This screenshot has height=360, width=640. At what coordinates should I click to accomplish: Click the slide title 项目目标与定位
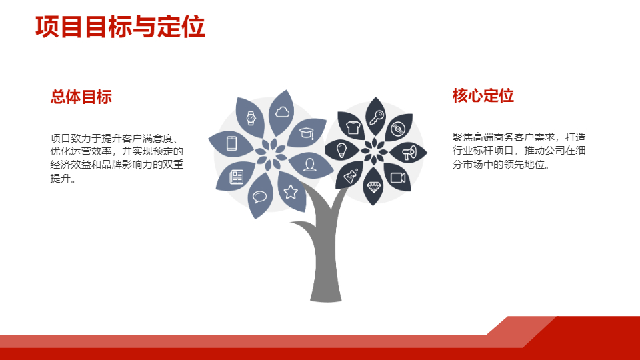(120, 27)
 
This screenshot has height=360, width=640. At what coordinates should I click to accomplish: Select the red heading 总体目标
(81, 97)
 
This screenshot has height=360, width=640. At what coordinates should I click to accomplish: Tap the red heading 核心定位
(483, 95)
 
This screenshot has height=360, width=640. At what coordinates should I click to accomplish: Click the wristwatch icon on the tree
(251, 118)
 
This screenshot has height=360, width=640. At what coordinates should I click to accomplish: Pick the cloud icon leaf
(282, 111)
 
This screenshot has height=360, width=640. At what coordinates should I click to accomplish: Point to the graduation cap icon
(307, 133)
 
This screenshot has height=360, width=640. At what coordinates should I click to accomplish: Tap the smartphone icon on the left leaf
(231, 144)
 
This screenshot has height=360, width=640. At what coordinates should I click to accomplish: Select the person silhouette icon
(310, 165)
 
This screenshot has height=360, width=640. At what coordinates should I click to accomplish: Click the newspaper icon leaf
(236, 177)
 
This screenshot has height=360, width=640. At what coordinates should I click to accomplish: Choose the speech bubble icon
(259, 197)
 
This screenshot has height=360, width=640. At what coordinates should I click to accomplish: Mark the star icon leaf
(291, 191)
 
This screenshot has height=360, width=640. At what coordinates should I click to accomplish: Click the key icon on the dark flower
(376, 117)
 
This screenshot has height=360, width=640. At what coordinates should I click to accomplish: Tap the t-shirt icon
(353, 128)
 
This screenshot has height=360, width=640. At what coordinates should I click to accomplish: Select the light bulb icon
(341, 150)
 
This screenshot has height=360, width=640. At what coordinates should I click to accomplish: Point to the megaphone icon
(409, 153)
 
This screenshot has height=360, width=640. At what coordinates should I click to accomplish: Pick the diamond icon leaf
(373, 187)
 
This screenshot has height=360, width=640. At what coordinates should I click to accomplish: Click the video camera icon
(398, 177)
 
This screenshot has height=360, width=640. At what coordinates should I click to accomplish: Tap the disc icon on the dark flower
(397, 129)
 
